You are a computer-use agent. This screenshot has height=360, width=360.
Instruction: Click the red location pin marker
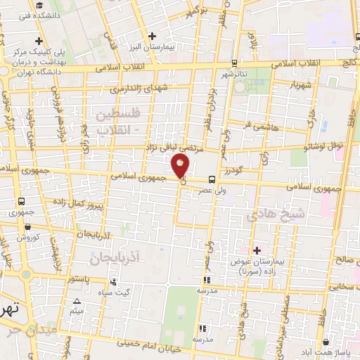tap(180, 167)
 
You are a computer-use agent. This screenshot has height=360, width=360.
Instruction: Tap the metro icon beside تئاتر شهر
tap(233, 63)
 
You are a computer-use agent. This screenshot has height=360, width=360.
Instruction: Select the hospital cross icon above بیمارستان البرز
tap(152, 34)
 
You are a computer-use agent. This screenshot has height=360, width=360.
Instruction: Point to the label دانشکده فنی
tap(37, 14)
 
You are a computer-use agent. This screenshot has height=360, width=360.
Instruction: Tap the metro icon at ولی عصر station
tap(212, 179)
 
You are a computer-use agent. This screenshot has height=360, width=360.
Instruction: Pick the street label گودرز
tap(233, 172)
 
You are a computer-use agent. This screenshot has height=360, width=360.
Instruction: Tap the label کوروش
tap(27, 238)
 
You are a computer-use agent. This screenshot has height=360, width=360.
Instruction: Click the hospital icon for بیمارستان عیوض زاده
tap(257, 250)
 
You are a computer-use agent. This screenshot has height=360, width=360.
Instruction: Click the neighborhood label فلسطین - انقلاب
tap(117, 121)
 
